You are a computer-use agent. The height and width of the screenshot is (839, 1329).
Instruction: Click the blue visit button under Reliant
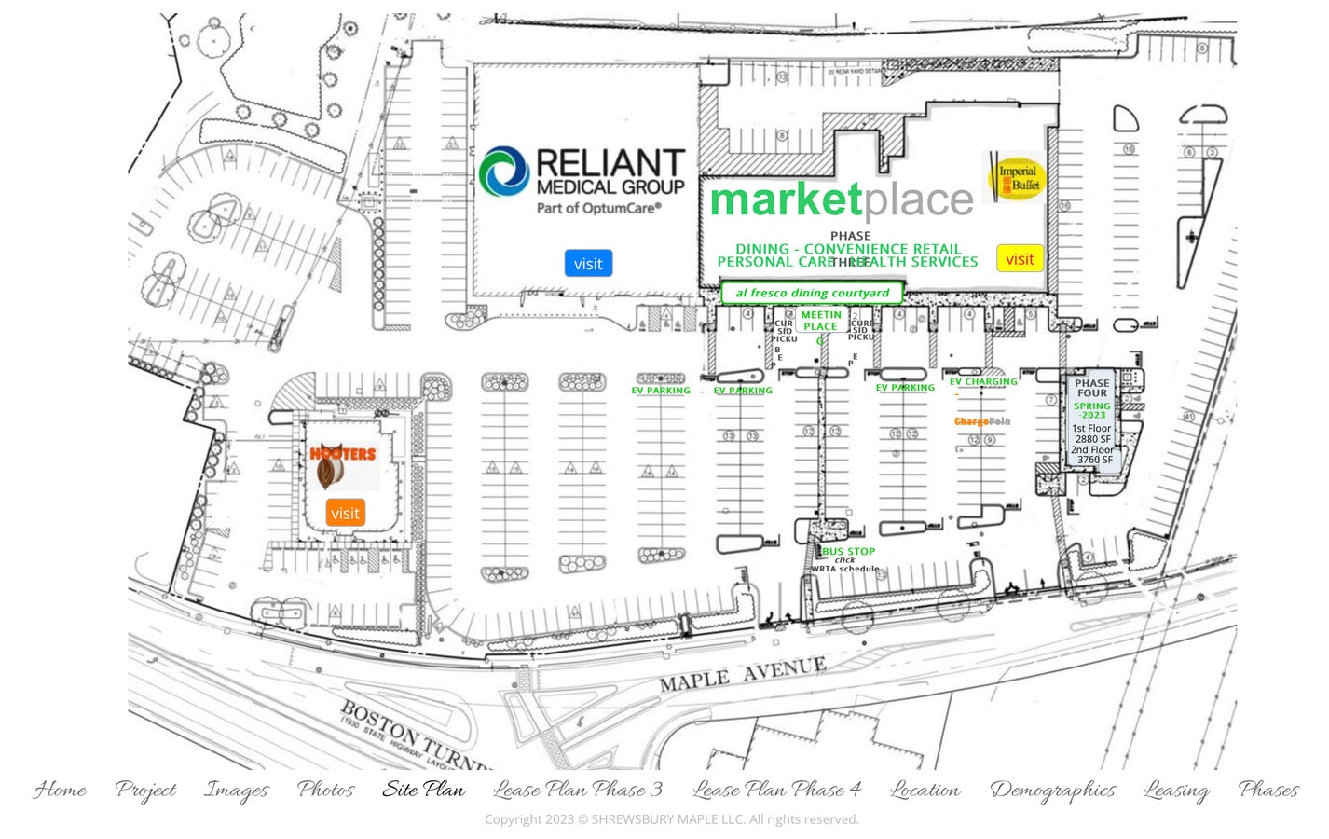click(x=587, y=264)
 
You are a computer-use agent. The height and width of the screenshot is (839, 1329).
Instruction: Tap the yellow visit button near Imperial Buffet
click(x=1020, y=259)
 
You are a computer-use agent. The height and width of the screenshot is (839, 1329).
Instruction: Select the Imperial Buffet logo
click(x=1016, y=178)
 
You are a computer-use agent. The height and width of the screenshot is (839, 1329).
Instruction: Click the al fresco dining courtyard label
click(x=812, y=293)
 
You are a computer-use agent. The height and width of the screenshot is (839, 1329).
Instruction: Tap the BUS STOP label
click(x=848, y=551)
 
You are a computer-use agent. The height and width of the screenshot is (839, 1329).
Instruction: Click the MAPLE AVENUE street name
click(x=742, y=674)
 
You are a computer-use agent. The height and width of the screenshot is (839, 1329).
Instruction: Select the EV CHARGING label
click(x=983, y=381)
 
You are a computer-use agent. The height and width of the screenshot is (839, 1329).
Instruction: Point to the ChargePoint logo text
click(x=981, y=421)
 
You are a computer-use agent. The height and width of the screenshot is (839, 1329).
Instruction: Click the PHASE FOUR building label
click(x=1091, y=388)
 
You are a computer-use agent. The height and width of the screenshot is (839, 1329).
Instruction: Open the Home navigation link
click(x=61, y=790)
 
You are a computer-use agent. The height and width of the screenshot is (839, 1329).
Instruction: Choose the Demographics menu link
click(x=1052, y=790)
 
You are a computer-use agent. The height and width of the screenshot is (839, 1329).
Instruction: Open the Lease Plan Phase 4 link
click(x=776, y=790)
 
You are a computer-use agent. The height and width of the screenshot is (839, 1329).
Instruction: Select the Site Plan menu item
click(x=423, y=790)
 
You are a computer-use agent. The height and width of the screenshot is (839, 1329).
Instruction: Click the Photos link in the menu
click(x=325, y=790)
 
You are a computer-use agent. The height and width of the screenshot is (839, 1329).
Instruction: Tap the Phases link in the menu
click(x=1267, y=790)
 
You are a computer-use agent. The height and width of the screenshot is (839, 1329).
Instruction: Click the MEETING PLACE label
click(x=820, y=321)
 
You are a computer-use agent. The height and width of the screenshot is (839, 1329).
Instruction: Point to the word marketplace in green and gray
click(x=842, y=199)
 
